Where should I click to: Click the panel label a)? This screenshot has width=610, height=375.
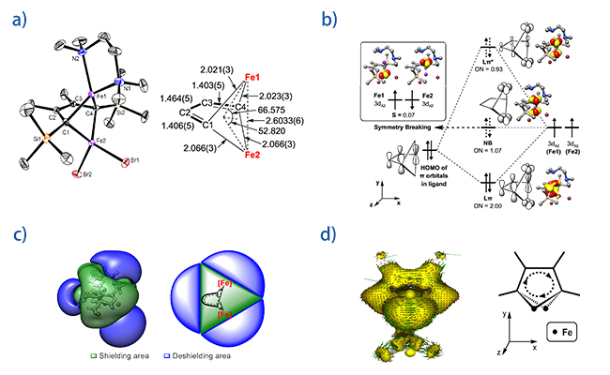click(20, 20)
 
